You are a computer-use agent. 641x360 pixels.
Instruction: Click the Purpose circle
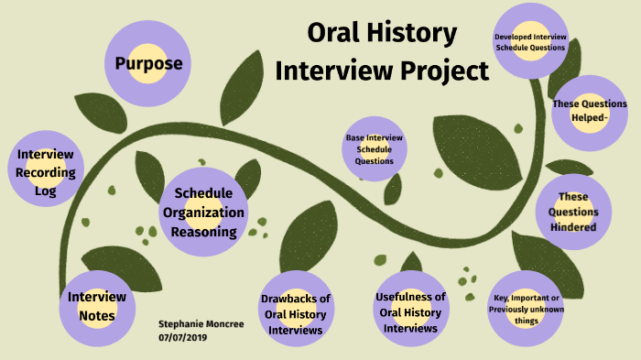click(x=148, y=63)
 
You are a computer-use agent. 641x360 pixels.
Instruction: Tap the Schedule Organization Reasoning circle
click(x=202, y=212)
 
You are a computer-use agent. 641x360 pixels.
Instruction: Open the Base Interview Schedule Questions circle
click(x=375, y=148)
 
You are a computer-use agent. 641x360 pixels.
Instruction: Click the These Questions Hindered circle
click(x=573, y=212)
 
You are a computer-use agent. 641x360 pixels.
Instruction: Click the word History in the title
click(x=409, y=35)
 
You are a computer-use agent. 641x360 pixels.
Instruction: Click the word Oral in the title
click(x=331, y=35)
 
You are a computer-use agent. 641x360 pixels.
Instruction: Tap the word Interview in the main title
click(x=328, y=70)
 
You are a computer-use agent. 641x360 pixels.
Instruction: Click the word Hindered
click(x=573, y=227)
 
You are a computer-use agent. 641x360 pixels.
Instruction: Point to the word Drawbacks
click(x=295, y=299)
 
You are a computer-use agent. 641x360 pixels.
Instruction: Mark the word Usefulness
click(x=411, y=297)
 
